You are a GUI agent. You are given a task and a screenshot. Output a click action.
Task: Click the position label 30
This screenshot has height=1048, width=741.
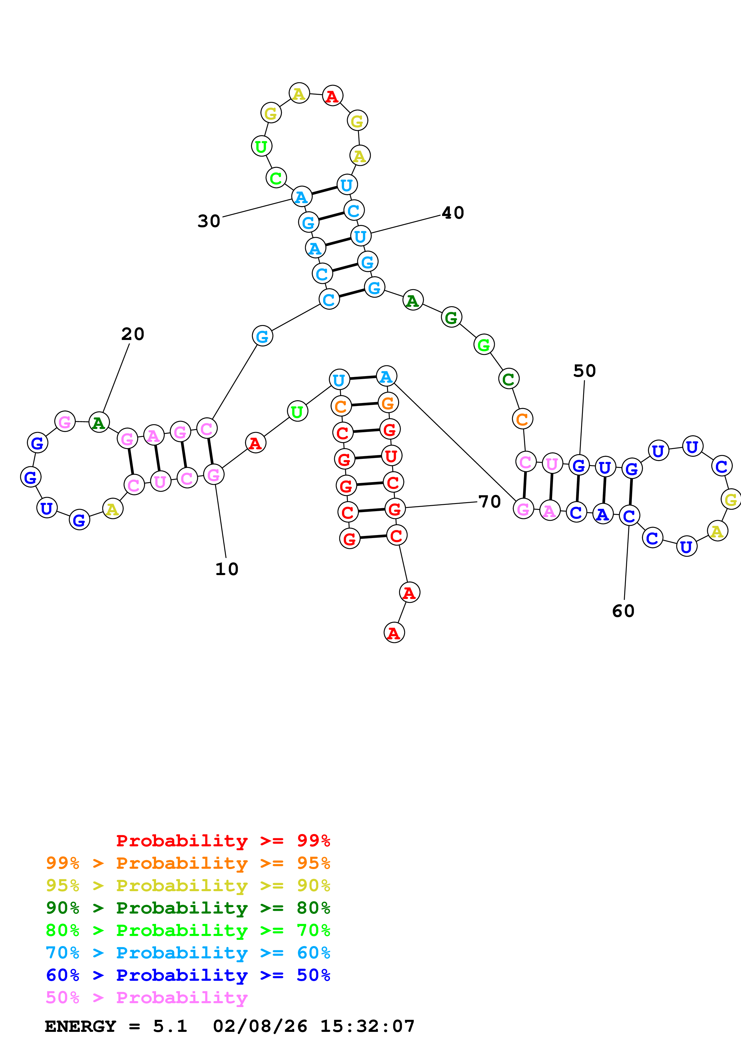click(x=209, y=221)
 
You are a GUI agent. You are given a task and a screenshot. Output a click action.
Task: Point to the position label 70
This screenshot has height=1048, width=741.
click(x=489, y=502)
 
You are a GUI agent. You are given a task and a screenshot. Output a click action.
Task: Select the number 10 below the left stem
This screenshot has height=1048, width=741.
click(x=227, y=569)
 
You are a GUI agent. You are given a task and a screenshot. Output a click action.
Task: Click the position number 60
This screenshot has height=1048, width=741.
click(x=623, y=611)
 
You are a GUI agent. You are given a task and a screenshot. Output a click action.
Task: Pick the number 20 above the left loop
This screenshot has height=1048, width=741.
click(x=132, y=334)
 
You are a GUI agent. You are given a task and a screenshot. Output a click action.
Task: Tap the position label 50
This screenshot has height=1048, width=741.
click(x=584, y=371)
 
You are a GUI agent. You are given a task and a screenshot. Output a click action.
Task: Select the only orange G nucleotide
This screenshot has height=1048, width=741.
click(x=388, y=403)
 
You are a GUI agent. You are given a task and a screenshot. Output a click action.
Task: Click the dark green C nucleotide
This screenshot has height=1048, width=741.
click(x=509, y=379)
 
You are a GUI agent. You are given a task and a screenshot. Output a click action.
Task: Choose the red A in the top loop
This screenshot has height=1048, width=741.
click(x=332, y=96)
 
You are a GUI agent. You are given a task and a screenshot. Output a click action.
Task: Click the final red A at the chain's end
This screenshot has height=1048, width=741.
click(x=394, y=633)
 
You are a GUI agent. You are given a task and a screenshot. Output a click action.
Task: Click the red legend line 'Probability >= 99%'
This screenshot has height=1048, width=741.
click(x=223, y=841)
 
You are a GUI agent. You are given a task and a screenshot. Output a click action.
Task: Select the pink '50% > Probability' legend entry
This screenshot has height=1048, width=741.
click(x=146, y=997)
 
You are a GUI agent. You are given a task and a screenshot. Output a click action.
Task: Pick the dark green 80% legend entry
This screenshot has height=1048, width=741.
click(x=188, y=908)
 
